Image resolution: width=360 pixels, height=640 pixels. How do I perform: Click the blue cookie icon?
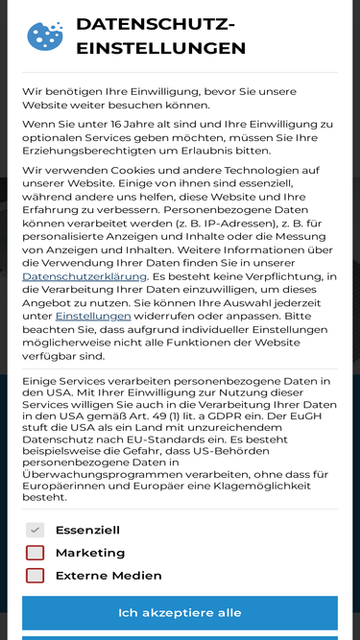44,36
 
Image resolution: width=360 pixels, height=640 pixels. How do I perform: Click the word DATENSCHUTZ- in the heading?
155,25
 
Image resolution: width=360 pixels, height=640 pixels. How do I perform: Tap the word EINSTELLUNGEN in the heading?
160,49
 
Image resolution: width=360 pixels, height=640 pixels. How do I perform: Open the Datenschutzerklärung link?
84,276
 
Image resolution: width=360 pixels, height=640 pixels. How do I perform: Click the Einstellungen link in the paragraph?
93,316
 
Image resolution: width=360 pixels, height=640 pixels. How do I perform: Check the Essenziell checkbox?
36,530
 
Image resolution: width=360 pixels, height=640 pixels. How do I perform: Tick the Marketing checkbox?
36,553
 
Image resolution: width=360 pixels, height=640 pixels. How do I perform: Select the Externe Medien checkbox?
36,576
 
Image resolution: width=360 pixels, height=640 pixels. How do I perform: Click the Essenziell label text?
87,530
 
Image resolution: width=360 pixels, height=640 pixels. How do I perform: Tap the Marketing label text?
90,553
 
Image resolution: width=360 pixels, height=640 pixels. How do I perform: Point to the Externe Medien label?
108,576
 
